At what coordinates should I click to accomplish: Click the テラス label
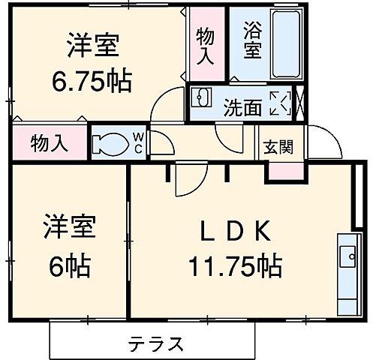[x=155, y=343]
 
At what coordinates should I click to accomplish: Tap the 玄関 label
[x=277, y=147]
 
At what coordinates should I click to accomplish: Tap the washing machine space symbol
[x=279, y=103]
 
